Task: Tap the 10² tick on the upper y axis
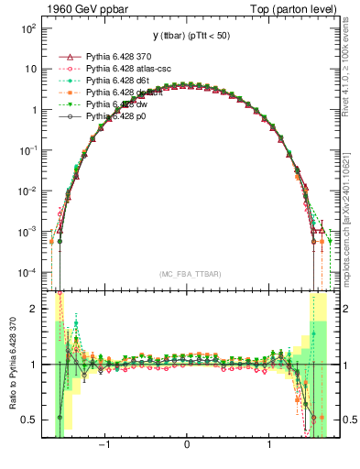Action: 29,28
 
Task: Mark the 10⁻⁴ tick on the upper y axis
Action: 28,273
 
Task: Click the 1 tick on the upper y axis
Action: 33,110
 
